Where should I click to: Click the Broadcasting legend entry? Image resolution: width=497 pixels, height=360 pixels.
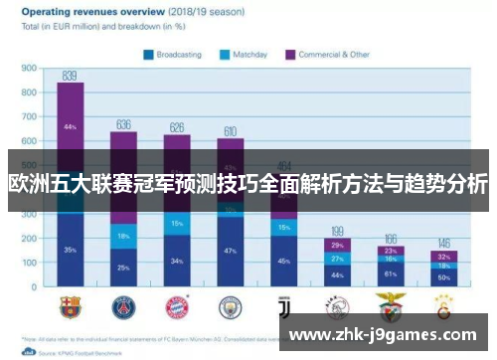174,56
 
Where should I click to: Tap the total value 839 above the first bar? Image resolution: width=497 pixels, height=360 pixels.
70,76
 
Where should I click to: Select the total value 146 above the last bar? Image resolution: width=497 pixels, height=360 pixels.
443,243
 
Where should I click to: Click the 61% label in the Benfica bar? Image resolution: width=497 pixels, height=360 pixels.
391,273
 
